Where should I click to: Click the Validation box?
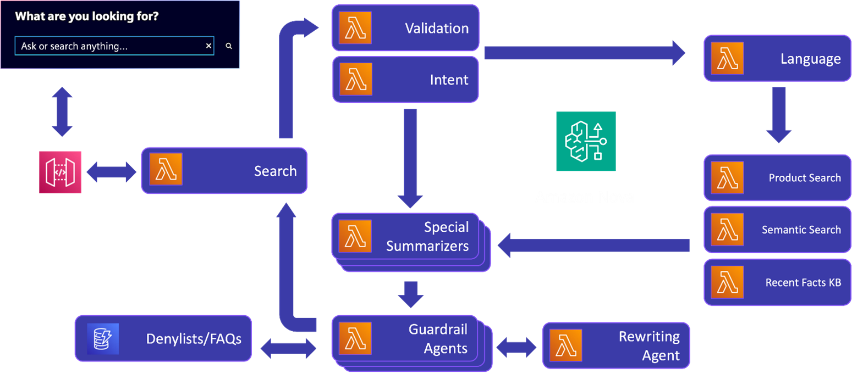[405, 28]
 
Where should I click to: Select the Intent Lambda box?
[405, 80]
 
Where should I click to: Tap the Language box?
[777, 58]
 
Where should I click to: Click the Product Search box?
[777, 177]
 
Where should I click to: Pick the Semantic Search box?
[777, 230]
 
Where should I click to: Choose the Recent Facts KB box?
[777, 282]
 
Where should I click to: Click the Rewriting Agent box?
[615, 345]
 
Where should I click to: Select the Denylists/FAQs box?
[163, 338]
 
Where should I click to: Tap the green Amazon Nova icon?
[586, 142]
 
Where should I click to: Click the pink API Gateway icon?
[60, 172]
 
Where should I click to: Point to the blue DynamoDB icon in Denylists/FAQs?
[103, 338]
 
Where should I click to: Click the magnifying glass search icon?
[229, 46]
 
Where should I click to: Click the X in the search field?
[208, 46]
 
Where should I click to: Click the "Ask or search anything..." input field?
[110, 46]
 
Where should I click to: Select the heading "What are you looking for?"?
[87, 16]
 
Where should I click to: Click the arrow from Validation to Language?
[583, 53]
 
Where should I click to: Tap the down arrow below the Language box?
[778, 115]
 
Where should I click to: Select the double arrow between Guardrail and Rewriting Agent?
[516, 347]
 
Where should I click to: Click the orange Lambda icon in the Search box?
[166, 169]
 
